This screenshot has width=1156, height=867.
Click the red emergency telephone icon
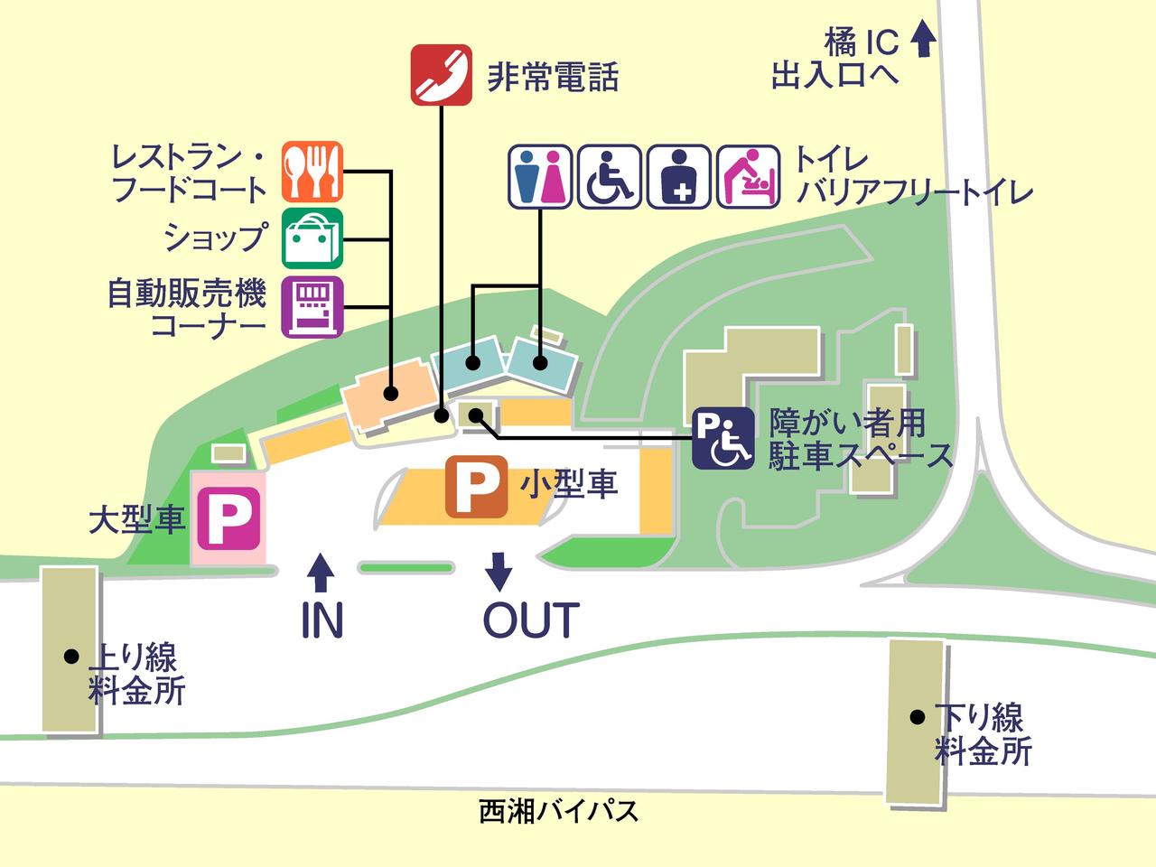pos(441,75)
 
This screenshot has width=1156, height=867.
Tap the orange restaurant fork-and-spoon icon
pos(312,172)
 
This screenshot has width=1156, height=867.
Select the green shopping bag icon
pos(312,238)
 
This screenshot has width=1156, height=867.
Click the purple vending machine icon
pos(312,307)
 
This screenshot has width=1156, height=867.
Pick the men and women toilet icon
pos(540,176)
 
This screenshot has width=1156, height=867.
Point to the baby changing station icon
pos(749,176)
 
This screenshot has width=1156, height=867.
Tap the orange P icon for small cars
pos(476,488)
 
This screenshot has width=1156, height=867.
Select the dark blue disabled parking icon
pos(723,439)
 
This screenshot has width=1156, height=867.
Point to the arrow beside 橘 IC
pos(922,41)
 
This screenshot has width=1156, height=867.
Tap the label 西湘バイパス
pos(559,811)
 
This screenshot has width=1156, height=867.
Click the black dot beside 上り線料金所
pos(70,657)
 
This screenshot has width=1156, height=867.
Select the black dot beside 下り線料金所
pos(917,718)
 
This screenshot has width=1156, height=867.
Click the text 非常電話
pos(553,77)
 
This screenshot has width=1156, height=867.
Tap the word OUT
pos(530,620)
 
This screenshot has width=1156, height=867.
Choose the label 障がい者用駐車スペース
pos(861,439)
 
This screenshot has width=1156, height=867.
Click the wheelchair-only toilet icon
pos(610,176)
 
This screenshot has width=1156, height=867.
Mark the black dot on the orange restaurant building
pos(391,394)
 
